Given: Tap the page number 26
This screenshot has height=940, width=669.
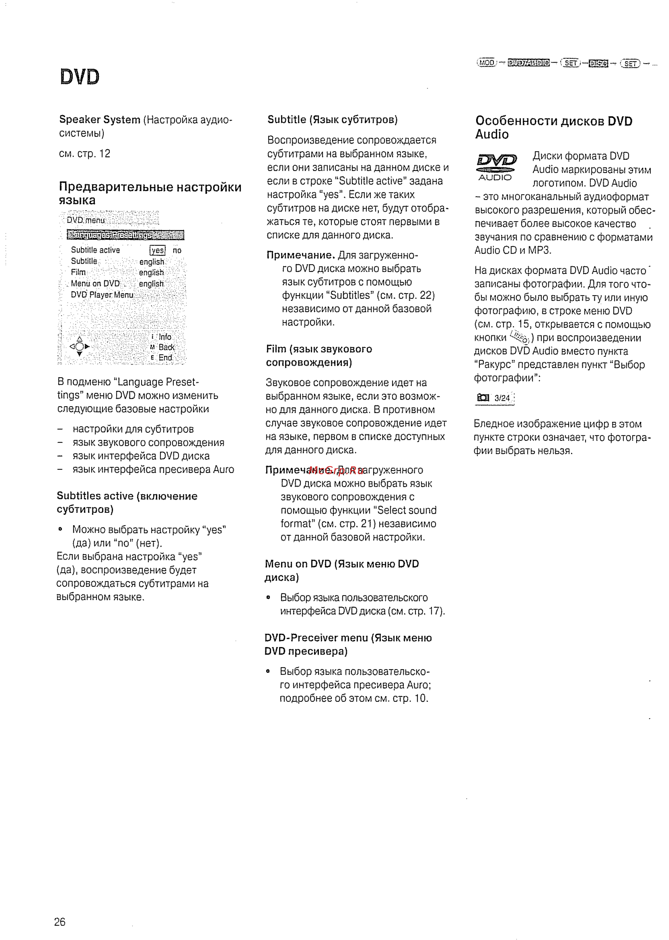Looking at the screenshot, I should tap(60, 922).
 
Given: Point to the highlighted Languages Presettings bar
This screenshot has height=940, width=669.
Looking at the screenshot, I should tap(125, 235).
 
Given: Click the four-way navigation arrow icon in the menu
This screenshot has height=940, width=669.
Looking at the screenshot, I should tap(80, 347).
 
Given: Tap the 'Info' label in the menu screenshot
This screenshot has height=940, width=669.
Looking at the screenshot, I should tap(165, 337).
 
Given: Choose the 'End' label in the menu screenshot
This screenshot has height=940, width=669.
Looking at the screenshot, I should tap(165, 358).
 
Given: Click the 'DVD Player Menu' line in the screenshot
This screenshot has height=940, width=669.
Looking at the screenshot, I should tap(102, 295).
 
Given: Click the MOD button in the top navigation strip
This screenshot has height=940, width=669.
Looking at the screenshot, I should tap(486, 63).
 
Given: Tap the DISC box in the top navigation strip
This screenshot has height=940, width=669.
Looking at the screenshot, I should tap(599, 63).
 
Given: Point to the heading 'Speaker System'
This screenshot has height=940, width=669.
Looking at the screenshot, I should tap(100, 119).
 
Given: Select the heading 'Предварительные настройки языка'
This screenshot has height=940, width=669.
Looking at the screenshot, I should tap(150, 193).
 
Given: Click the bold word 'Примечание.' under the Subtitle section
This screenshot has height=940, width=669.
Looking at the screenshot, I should tap(301, 255).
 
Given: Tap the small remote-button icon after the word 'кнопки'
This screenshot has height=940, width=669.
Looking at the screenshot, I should tap(519, 337).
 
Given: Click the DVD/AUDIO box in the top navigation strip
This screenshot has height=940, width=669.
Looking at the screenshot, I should tap(529, 63).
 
